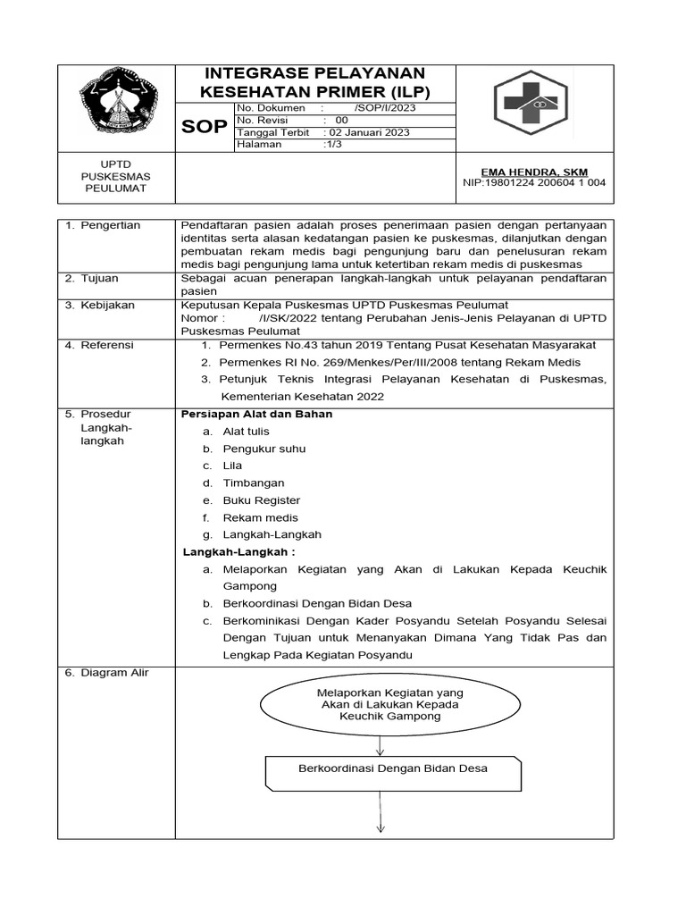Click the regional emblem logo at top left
click(116, 106)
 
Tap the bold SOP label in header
click(205, 126)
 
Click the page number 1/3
click(335, 145)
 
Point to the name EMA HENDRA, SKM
click(534, 172)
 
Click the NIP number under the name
click(534, 183)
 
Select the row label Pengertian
click(109, 226)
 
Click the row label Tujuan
click(99, 278)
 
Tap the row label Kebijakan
click(106, 305)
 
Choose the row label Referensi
click(106, 345)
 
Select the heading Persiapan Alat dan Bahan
click(256, 415)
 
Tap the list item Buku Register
click(261, 500)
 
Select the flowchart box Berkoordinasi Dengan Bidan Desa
click(393, 768)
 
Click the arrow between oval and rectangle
click(381, 743)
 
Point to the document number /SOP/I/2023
click(384, 107)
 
